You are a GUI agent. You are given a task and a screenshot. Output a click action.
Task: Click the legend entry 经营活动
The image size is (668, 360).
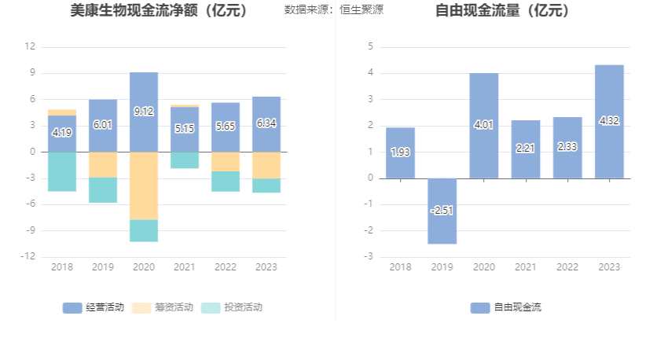[x=94, y=307]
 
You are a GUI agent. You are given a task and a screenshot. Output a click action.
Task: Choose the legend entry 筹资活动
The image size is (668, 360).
[x=163, y=307]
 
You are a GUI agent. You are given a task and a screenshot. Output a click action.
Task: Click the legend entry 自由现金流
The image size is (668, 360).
[x=506, y=307]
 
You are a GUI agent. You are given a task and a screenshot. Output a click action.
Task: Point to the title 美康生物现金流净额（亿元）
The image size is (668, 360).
[x=159, y=11]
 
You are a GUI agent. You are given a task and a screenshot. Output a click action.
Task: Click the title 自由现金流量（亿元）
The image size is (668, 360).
[x=503, y=11]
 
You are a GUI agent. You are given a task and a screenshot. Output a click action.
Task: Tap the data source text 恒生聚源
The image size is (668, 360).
[x=362, y=10]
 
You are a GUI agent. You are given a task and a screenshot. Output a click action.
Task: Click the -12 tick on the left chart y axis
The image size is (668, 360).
[x=28, y=257]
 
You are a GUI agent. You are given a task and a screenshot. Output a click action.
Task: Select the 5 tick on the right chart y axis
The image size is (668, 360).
[x=370, y=47]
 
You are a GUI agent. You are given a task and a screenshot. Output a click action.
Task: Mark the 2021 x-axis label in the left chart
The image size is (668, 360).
[x=185, y=267]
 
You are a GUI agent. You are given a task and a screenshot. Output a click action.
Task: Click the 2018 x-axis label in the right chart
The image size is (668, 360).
[x=400, y=267]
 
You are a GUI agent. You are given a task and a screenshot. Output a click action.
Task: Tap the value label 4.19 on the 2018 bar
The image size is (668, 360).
[x=62, y=133]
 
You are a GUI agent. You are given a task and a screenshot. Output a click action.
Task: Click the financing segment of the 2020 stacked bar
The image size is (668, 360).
[x=144, y=186]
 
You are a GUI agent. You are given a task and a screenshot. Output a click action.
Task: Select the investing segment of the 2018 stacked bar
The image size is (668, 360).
[x=62, y=171]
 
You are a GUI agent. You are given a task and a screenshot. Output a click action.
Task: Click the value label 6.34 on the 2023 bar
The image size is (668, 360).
[x=266, y=123]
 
